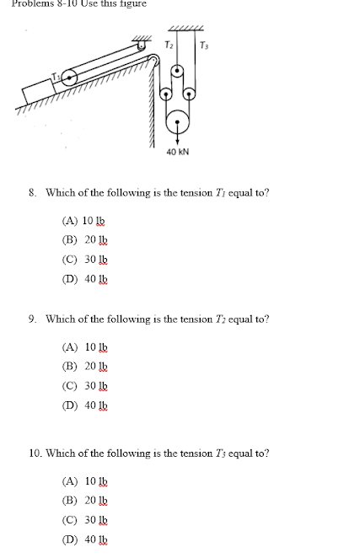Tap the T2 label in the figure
(x=169, y=44)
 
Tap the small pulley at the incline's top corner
(x=153, y=59)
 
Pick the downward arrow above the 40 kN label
(x=178, y=139)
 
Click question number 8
(x=31, y=193)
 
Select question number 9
(x=31, y=319)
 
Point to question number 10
(x=34, y=453)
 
